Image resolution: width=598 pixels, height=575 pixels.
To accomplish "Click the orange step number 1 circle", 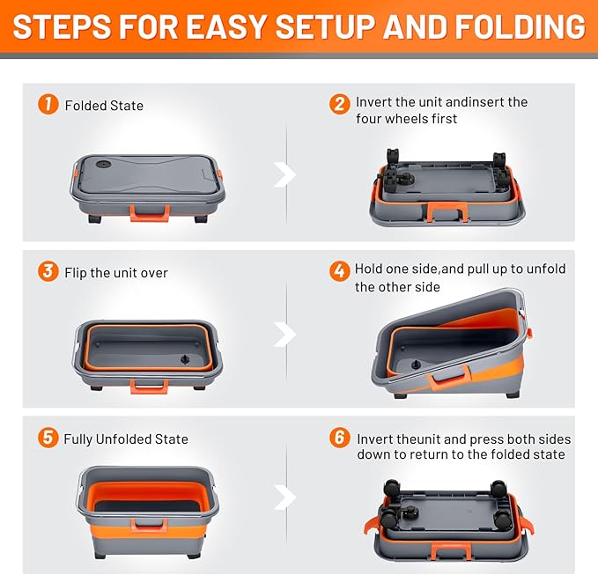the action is [x=48, y=104].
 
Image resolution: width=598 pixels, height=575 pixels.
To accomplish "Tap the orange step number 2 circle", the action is [x=339, y=104].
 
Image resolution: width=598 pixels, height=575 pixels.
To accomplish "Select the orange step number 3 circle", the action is [x=48, y=271].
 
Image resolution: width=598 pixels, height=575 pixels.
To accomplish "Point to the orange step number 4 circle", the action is [x=339, y=271].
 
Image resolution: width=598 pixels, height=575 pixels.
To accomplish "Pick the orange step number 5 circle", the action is [x=48, y=438].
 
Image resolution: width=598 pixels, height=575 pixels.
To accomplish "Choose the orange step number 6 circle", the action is [x=339, y=438].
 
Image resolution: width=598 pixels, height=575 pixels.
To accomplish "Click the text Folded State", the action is [x=104, y=106].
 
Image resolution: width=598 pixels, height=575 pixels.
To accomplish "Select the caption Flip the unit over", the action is [x=116, y=273].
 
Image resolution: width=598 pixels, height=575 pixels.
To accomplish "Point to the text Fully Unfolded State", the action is [x=126, y=439].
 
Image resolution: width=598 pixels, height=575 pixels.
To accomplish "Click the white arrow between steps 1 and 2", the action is [x=284, y=174].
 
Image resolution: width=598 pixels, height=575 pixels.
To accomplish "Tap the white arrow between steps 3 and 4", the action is [x=284, y=334].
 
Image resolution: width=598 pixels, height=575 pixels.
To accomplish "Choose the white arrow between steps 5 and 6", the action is [x=284, y=497].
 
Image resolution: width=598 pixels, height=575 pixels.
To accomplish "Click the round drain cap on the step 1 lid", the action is [x=103, y=165].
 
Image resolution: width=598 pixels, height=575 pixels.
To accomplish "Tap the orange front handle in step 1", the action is [x=150, y=213].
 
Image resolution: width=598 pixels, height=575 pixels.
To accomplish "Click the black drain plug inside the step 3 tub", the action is [x=185, y=359].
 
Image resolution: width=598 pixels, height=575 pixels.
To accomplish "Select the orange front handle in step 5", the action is [x=149, y=525].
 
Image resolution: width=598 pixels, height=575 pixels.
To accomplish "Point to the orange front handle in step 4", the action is [x=448, y=378].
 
